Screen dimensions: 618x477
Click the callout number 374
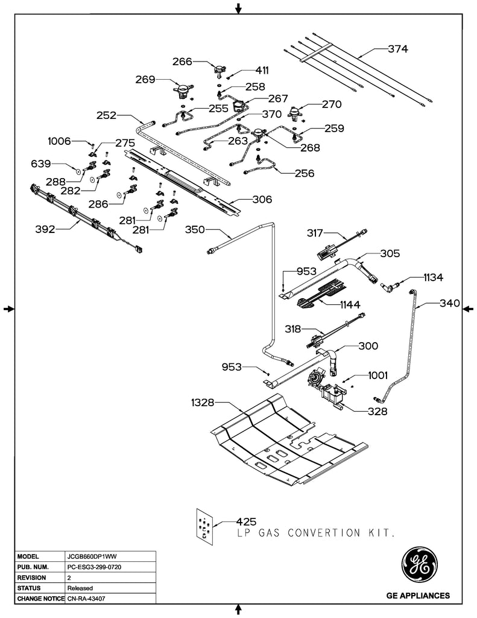(397, 49)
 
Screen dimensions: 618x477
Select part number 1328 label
(203, 402)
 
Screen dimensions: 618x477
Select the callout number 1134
(432, 278)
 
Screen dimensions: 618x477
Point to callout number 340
(449, 303)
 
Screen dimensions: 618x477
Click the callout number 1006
(60, 141)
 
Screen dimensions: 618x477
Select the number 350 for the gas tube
(195, 229)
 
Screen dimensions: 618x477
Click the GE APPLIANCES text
(417, 596)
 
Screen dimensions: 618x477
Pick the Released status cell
(79, 588)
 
